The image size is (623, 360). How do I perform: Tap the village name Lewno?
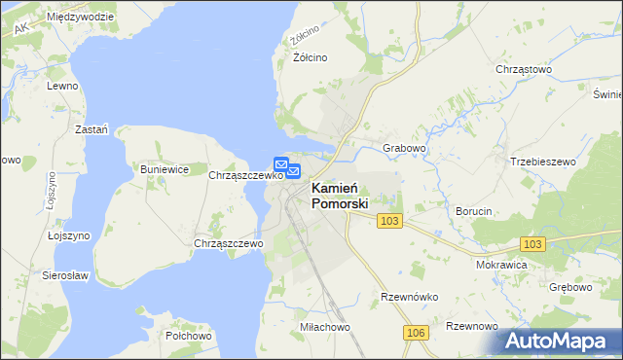point(62,86)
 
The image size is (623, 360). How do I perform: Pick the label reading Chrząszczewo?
point(229,243)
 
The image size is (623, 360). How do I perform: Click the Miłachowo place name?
point(325,328)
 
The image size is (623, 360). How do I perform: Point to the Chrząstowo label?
point(524,70)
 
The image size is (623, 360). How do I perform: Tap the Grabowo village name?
point(405,149)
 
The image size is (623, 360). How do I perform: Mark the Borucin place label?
point(477,210)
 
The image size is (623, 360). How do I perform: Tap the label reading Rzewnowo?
point(473,326)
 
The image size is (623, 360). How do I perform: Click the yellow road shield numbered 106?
point(416,334)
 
